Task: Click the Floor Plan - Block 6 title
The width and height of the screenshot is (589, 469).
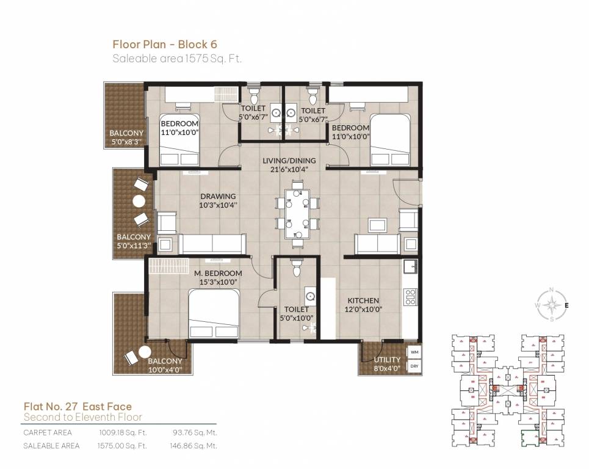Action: click(165, 44)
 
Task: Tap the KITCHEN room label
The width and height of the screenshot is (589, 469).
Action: click(364, 300)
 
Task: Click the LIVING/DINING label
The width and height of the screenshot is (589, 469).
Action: click(284, 161)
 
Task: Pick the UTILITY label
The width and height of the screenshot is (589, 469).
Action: click(387, 360)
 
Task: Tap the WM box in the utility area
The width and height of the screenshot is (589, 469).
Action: click(414, 353)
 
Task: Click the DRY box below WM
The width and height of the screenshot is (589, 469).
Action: click(414, 367)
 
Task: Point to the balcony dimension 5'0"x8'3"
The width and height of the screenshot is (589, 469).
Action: click(126, 141)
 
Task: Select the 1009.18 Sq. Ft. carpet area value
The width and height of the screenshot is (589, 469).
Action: click(123, 432)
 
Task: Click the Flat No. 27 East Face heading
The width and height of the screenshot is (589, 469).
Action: click(78, 406)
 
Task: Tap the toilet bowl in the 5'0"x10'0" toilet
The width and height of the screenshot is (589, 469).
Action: click(297, 268)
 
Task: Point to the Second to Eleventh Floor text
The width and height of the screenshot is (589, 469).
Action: click(82, 417)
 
